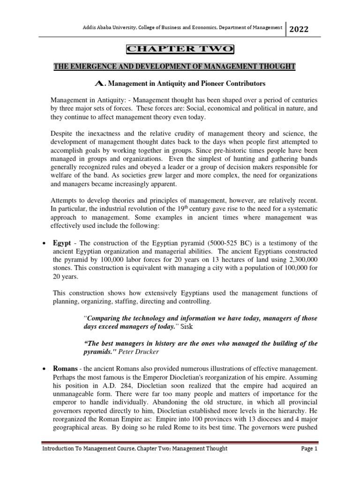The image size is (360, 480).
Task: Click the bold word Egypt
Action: pyautogui.click(x=61, y=243)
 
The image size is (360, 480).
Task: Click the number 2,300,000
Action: pyautogui.click(x=300, y=260)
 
